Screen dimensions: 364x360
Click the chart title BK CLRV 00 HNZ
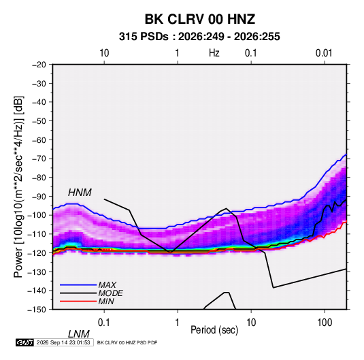200,19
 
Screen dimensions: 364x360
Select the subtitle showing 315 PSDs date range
199,37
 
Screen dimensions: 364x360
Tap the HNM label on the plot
80,193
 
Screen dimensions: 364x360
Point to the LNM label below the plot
78,334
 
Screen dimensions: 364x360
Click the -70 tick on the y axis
39,159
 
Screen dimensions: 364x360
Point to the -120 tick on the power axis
37,252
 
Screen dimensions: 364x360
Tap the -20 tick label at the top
39,65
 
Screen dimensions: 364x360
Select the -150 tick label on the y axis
37,310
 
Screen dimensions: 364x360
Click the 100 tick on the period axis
325,323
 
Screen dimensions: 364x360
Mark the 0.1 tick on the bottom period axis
104,323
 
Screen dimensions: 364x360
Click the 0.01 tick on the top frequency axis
324,53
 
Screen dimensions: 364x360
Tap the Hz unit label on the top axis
214,53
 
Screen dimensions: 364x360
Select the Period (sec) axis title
214,330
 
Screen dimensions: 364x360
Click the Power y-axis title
18,186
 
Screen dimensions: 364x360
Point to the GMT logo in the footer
24,342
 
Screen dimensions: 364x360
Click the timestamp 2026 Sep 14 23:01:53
63,342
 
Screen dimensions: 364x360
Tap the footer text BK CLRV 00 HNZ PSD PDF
127,342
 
